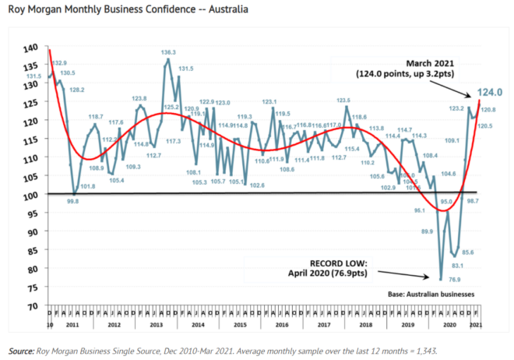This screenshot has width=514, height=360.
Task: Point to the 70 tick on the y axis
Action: (x=32, y=305)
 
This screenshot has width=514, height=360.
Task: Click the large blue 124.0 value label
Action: (x=488, y=91)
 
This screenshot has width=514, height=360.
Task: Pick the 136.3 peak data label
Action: (x=168, y=53)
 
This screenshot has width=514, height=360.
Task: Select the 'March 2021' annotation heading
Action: (x=429, y=62)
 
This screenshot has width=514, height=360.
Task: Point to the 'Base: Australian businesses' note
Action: (x=431, y=294)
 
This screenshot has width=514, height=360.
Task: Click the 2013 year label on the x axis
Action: (x=156, y=323)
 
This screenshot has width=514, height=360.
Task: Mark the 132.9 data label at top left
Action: (x=59, y=62)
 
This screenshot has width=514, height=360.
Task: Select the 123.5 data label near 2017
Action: (x=343, y=100)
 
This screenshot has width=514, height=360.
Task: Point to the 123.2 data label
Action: (x=456, y=108)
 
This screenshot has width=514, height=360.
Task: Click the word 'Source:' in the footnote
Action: (x=21, y=351)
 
